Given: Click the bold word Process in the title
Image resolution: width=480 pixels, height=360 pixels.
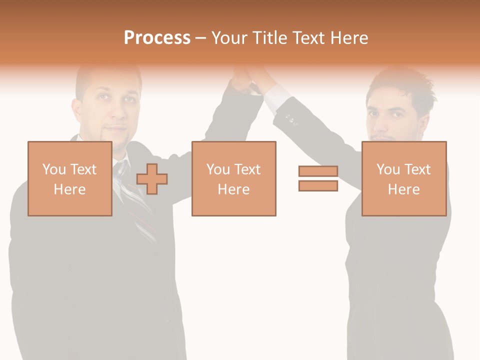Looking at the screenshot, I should point(157,38).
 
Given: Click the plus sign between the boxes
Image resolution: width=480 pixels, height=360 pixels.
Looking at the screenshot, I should point(152,178).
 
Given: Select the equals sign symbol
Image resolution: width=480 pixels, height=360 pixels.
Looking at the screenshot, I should point(318,178).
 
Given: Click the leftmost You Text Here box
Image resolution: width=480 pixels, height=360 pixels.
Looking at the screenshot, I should point(70,178).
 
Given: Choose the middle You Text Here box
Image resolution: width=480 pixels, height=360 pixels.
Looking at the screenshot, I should point(234,178).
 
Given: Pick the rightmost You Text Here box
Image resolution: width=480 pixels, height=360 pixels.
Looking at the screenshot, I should point(404,178).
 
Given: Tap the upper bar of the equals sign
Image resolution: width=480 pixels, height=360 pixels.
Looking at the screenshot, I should point(318,171).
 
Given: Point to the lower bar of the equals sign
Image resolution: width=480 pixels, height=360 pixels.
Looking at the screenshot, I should point(318,185).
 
